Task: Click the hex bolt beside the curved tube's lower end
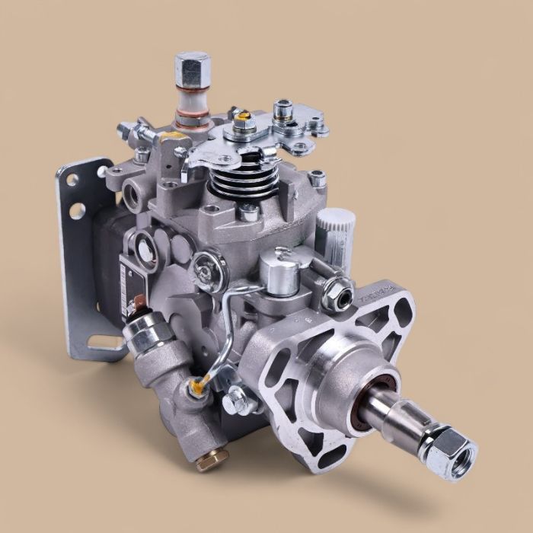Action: point(234,397)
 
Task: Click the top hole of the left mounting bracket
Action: point(73,181)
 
